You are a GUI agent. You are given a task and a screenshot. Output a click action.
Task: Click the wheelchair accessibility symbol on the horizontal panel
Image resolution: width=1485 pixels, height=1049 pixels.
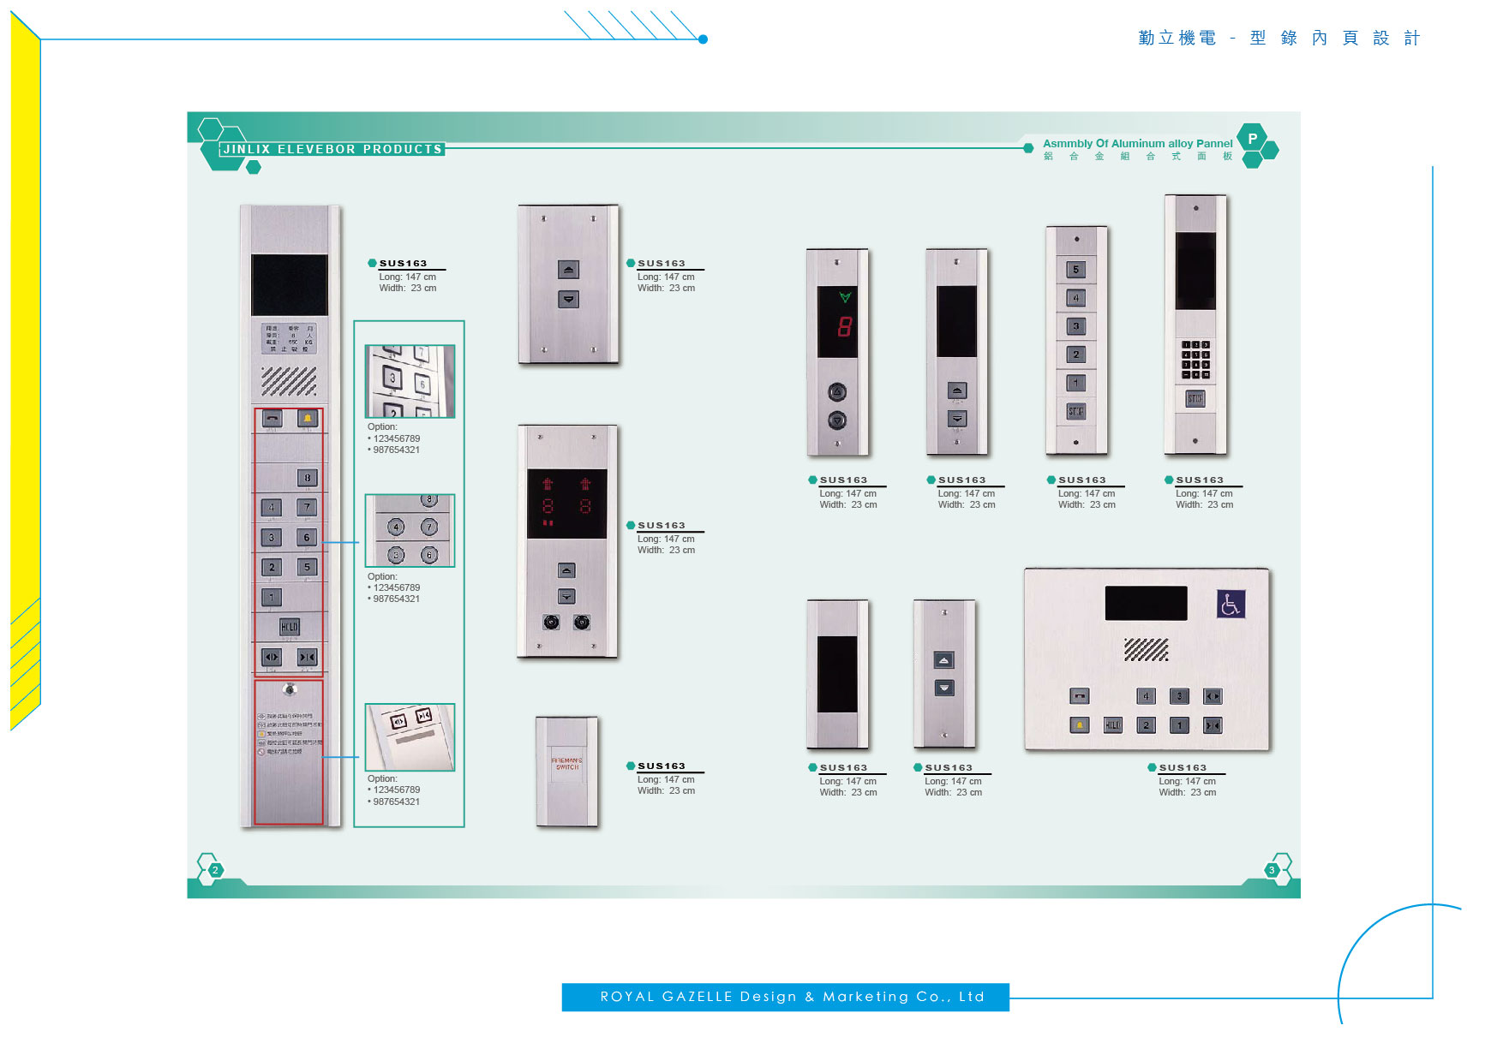(1231, 605)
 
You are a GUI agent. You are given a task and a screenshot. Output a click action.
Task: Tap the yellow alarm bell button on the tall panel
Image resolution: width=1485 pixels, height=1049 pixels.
(307, 418)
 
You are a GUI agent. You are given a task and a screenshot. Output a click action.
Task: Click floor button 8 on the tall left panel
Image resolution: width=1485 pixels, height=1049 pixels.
(307, 478)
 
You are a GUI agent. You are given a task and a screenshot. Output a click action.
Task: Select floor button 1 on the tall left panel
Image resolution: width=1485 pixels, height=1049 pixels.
(272, 597)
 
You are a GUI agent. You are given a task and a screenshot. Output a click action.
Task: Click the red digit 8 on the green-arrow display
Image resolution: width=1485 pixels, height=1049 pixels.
(845, 326)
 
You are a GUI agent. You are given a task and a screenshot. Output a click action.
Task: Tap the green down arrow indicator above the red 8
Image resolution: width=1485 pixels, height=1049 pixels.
(845, 297)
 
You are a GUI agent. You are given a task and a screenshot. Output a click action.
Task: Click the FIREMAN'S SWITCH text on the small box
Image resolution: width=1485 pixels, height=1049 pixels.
(566, 764)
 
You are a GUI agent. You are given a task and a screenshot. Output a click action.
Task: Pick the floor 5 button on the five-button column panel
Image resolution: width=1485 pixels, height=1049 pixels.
(1076, 270)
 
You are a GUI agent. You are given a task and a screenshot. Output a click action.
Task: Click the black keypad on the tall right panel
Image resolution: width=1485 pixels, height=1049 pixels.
(1195, 360)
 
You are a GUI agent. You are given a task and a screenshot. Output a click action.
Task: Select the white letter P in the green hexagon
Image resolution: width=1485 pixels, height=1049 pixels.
(1252, 139)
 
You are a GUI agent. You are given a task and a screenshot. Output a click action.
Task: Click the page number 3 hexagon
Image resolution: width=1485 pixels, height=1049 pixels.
(1272, 870)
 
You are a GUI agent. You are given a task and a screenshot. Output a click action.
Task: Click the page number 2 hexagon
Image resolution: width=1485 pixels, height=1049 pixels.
(215, 870)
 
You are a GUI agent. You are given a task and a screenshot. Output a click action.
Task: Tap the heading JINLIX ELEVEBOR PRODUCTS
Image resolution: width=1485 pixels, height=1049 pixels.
(332, 149)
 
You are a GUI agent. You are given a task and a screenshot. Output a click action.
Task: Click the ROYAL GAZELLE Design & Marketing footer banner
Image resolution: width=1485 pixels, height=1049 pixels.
(785, 997)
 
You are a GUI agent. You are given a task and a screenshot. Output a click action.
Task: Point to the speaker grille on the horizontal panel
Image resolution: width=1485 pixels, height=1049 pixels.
(1146, 650)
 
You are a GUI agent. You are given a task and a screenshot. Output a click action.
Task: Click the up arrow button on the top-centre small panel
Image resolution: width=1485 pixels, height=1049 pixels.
(568, 270)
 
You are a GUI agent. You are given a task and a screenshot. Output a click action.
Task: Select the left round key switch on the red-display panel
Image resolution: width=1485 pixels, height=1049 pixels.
(551, 623)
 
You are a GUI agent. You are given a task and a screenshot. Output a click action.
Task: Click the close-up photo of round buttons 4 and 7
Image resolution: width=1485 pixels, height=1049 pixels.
(410, 531)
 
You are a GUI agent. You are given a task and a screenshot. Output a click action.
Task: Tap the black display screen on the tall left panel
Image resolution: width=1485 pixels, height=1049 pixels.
(289, 285)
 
